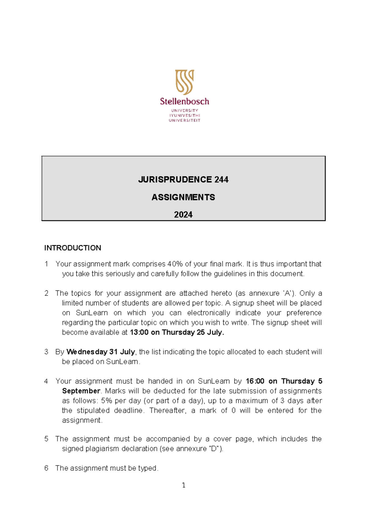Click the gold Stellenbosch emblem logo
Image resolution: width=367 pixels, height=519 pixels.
[184, 82]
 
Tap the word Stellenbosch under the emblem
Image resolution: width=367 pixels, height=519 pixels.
[184, 101]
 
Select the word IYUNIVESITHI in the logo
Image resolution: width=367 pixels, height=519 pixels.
[184, 115]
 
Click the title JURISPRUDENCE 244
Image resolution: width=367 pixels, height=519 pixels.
[183, 180]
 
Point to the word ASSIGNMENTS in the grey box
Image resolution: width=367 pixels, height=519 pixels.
[183, 197]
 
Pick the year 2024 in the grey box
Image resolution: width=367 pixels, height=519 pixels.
[183, 215]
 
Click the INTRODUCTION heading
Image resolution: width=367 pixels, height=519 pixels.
[72, 248]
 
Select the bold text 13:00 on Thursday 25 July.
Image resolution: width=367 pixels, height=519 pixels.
[177, 332]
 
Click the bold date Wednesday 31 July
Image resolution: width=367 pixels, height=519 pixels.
[101, 352]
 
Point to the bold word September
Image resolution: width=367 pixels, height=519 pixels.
[81, 391]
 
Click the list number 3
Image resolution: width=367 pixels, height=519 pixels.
[46, 352]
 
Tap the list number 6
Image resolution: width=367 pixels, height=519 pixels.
[46, 468]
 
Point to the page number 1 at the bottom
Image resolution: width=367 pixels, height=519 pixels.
[183, 485]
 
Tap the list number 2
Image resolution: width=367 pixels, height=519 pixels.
[46, 293]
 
